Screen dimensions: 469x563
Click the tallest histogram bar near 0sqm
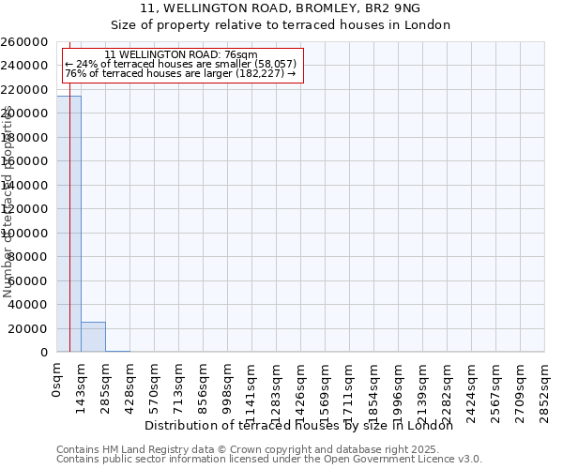tap(68, 225)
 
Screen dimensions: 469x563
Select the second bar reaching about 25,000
tap(93, 337)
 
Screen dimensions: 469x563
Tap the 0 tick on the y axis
tap(44, 353)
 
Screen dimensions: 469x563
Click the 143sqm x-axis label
tap(81, 386)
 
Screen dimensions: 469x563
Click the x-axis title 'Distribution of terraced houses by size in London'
tap(299, 426)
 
